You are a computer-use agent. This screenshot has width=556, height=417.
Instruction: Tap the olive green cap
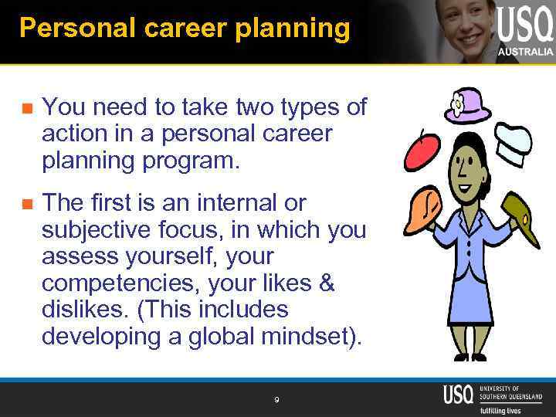coord(524,219)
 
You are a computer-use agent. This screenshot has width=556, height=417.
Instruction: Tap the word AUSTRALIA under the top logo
coord(525,52)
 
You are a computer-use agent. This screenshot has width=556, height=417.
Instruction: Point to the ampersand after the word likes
coord(326,283)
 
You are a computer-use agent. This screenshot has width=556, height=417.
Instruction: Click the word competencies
coord(111,283)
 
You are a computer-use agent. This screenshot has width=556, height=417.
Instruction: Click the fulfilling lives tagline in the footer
coord(500,410)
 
